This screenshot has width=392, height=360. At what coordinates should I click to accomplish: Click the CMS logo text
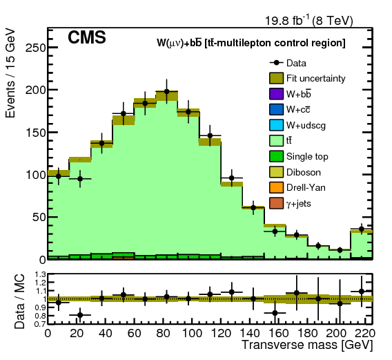point(86,39)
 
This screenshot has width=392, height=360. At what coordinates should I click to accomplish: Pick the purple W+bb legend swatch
point(277,93)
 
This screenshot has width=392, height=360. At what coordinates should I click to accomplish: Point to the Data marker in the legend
point(277,63)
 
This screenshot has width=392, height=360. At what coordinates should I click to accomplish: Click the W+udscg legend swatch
point(277,124)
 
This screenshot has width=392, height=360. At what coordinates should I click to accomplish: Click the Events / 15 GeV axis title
point(11,75)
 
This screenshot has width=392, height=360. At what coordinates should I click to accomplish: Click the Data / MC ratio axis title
point(11,299)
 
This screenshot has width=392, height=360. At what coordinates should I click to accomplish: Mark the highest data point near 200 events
point(166,91)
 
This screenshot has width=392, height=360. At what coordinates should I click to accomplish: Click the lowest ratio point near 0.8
point(80,315)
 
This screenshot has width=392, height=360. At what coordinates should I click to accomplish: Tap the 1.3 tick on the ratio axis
point(37,274)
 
